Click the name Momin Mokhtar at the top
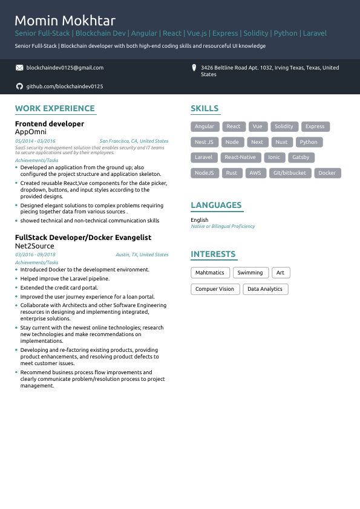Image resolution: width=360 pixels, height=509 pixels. point(65,21)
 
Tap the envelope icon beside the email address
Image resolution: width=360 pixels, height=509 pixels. point(19,68)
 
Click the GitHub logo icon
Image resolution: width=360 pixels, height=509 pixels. point(19,86)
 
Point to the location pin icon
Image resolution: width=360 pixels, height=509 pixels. point(194,68)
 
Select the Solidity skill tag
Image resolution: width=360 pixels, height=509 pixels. point(284,126)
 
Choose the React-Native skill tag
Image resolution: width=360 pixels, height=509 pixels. point(240,157)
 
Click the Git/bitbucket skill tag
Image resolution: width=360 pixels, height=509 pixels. point(290,173)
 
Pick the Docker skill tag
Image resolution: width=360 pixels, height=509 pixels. point(327,173)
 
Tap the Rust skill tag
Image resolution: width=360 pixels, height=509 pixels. point(232,173)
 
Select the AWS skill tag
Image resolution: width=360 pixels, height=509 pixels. point(255,173)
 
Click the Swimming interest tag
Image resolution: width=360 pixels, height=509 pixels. point(250,273)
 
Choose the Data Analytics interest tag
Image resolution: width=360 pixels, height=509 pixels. point(265,289)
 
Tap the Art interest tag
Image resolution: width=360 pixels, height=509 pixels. point(280,273)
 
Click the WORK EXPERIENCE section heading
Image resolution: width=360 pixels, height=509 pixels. point(55,109)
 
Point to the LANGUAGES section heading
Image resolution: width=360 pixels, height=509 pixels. point(216,205)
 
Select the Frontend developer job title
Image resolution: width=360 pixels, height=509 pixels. point(50,124)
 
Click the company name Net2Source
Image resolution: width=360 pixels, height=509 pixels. point(34,246)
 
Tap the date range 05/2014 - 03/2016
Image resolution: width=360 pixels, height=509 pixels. point(35,141)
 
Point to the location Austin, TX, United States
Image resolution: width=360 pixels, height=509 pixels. point(142,254)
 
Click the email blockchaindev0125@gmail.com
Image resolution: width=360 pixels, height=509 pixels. point(65,68)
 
